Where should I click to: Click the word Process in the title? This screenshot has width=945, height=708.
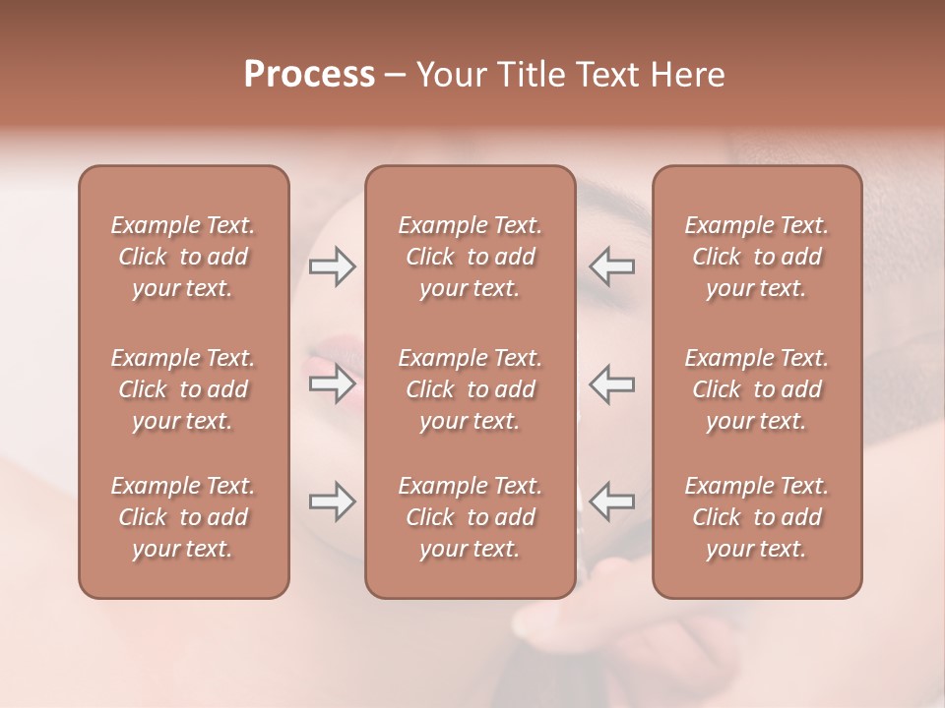pos(309,75)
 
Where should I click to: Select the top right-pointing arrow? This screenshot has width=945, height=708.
pos(332,266)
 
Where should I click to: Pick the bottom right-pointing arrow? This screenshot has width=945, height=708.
pos(332,502)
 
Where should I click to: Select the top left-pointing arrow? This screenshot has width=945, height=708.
pos(611,265)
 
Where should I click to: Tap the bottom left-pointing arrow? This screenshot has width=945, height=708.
pos(611,501)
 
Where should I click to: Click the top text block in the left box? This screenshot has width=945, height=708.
pos(183,257)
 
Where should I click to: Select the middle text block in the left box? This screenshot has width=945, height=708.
pos(183,389)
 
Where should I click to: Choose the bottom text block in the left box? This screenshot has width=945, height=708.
pos(183,517)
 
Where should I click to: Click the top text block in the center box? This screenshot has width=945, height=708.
pos(470,257)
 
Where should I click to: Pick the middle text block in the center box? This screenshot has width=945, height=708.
pos(470,389)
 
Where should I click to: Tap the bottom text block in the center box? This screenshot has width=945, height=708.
pos(470,517)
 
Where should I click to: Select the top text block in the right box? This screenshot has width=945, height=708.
pos(756,257)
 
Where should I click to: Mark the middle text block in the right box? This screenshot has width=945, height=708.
pos(756,389)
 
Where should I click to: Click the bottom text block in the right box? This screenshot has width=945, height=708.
pos(756,517)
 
